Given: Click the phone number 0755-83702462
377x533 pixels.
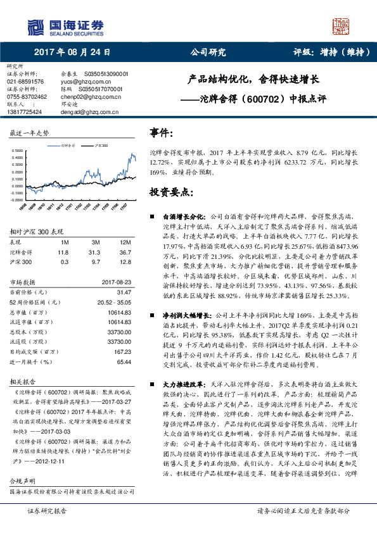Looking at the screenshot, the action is pos(27,96).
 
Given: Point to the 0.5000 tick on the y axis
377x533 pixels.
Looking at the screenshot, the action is pos(18,151).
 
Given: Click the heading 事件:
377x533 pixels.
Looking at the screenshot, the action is pos(162,133).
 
